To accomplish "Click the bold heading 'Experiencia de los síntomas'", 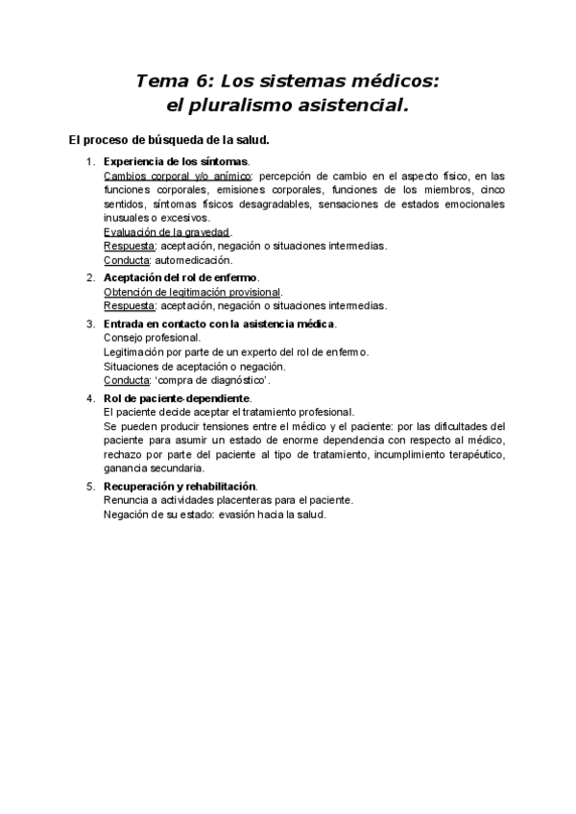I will (x=176, y=161).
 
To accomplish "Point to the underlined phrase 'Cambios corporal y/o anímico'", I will (x=177, y=176).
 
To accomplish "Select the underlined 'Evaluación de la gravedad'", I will (x=166, y=231).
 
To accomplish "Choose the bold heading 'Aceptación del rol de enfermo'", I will (x=180, y=277).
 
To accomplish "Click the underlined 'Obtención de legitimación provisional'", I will (x=192, y=292).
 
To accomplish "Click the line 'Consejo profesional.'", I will (x=152, y=338).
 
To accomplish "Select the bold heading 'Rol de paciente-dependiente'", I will (x=177, y=398).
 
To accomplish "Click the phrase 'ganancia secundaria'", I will (x=152, y=467).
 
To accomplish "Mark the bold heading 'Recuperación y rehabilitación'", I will (x=180, y=487).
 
